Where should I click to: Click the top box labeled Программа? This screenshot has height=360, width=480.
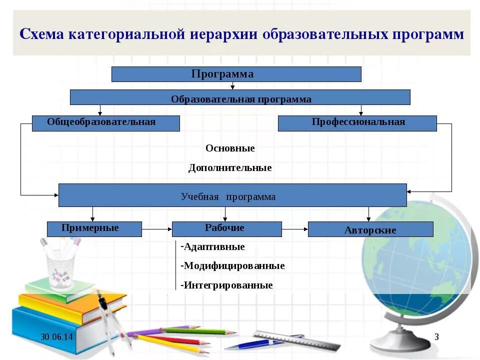(x=236, y=74)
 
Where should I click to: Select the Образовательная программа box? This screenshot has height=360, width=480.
(x=240, y=98)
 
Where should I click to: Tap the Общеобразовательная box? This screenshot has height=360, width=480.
(x=105, y=123)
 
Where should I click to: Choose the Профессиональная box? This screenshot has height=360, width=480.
(x=357, y=123)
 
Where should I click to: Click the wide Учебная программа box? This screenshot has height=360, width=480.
(x=232, y=195)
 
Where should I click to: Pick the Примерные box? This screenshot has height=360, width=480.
(x=94, y=229)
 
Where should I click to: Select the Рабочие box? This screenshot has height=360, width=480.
(x=226, y=229)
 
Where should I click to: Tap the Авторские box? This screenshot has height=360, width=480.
(x=370, y=229)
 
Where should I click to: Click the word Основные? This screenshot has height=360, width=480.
(x=230, y=148)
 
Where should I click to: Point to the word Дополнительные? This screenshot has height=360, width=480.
(x=230, y=168)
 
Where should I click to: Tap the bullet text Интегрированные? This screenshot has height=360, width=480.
(x=228, y=285)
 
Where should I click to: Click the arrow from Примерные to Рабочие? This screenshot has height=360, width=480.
(x=156, y=229)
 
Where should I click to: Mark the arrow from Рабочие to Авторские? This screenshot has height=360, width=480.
(x=295, y=229)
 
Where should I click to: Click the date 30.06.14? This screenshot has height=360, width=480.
(x=56, y=337)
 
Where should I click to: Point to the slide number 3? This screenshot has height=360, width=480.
(x=436, y=337)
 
